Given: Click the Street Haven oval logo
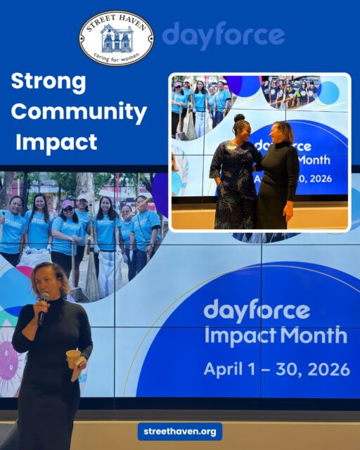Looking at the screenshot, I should click(x=116, y=38).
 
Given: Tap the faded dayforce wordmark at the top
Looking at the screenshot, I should click(x=223, y=35).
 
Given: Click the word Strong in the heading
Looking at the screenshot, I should click(x=49, y=82).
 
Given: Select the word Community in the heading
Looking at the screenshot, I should click(x=79, y=112).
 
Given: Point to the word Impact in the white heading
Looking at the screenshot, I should click(x=56, y=142).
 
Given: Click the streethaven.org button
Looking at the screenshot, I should click(x=180, y=431).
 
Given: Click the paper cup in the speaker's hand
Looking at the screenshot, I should click(x=73, y=358).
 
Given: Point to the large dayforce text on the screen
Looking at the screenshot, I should click(x=256, y=309).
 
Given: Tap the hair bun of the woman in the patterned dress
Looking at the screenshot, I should click(x=239, y=118).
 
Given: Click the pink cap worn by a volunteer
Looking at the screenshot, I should click(x=67, y=204).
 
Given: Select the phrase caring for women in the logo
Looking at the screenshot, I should click(x=116, y=56).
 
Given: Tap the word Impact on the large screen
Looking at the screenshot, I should click(x=234, y=335).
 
